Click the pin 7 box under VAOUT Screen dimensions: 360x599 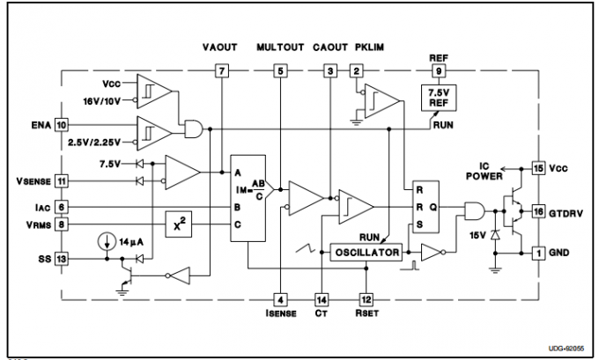222,70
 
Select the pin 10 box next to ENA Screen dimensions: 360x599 61,126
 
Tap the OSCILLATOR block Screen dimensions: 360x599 365,253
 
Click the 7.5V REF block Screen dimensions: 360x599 438,98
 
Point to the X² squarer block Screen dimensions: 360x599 179,224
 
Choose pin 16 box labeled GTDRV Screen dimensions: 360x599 539,211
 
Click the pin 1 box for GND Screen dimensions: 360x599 539,253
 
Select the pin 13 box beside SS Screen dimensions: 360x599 61,259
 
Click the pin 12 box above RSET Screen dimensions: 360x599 366,299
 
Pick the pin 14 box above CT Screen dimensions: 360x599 322,299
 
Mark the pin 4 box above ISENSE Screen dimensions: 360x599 279,299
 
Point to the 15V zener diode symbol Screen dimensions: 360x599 497,236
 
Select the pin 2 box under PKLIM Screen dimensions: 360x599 357,70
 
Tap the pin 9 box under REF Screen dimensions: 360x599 438,70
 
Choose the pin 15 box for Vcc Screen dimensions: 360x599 539,166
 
